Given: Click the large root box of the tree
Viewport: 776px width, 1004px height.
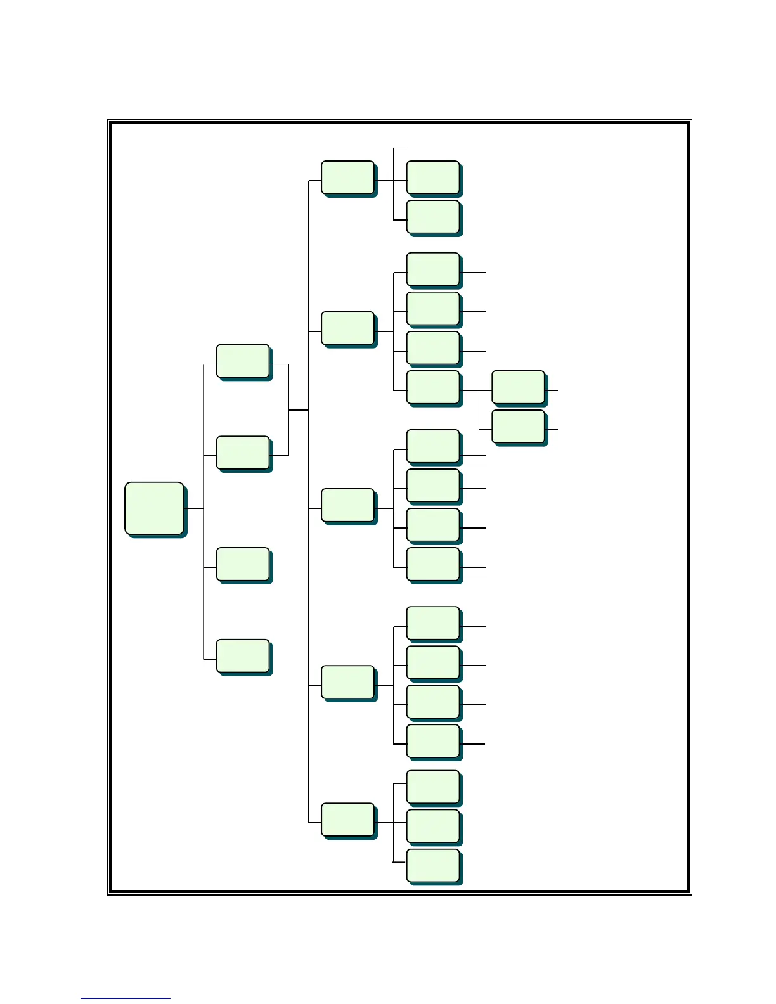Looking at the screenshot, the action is (x=154, y=508).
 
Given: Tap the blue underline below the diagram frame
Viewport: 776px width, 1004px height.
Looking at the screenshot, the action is (x=125, y=999).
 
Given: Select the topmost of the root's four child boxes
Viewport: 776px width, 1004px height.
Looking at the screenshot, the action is (x=243, y=361).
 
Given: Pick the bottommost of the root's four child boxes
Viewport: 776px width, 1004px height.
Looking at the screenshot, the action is (x=243, y=655).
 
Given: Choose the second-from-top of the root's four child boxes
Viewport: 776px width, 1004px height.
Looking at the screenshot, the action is (x=243, y=453).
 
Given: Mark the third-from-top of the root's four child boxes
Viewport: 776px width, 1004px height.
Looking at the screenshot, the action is (x=243, y=563).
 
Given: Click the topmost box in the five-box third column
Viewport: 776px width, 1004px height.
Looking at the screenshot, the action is (x=347, y=177).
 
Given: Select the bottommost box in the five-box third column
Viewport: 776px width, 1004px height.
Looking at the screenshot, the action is (x=347, y=820).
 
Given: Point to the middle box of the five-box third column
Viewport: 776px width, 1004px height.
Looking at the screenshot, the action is (x=347, y=505).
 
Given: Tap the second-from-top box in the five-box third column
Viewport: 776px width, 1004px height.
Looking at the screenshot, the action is (x=347, y=328).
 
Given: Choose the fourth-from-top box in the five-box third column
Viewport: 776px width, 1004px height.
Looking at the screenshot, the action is (x=347, y=682).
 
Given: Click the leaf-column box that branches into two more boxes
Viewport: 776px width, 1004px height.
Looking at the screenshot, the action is (x=433, y=387).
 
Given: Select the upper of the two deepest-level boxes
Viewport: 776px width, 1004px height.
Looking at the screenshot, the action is (x=518, y=387).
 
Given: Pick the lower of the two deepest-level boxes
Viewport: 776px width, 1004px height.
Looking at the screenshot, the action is (x=518, y=427).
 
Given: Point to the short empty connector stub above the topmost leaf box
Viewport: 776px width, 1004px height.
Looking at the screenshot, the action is (x=400, y=148).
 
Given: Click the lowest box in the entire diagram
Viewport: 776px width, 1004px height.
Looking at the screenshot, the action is (x=433, y=866).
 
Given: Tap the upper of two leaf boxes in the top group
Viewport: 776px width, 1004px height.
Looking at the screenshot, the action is (x=433, y=177).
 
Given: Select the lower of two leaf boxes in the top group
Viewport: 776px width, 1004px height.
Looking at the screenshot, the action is (x=433, y=217).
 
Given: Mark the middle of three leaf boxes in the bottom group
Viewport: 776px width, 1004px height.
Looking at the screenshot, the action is (x=433, y=827).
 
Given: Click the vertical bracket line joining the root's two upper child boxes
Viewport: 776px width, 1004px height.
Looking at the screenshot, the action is (x=288, y=410).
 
